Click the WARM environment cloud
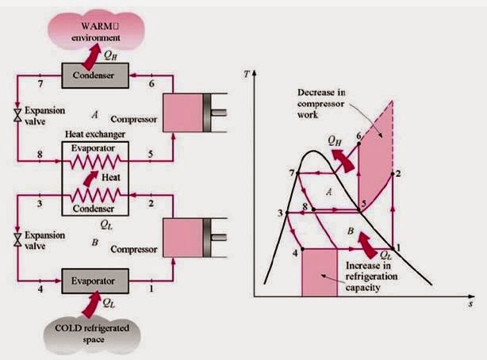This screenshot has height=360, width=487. pos(96,30)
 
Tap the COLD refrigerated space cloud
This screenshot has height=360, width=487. pos(92,335)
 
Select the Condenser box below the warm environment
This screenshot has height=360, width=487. pos(95,75)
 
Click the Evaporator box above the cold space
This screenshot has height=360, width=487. pos(95,281)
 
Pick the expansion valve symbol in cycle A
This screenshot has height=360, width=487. pos(17,115)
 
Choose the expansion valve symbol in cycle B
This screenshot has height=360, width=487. pos(17,239)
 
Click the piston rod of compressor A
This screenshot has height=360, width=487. pos(219,113)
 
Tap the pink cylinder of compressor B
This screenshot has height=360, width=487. pos(183,238)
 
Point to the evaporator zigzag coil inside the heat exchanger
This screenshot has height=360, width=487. pos(95,162)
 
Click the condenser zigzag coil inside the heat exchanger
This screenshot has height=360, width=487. pos(95,195)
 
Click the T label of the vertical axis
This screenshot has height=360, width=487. pos(247,75)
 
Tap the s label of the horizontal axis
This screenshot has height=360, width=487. pos(471,304)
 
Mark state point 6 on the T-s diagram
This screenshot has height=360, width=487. pos(359,144)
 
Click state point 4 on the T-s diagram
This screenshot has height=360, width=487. pos(302,249)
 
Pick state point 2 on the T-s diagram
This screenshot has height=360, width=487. pos(393,174)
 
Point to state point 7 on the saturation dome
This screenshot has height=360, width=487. pos(297,173)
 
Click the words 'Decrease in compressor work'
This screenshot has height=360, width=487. pos(321,103)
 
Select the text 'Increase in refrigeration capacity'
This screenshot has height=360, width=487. pos(371,277)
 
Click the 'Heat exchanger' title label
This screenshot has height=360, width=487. pos(95,135)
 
